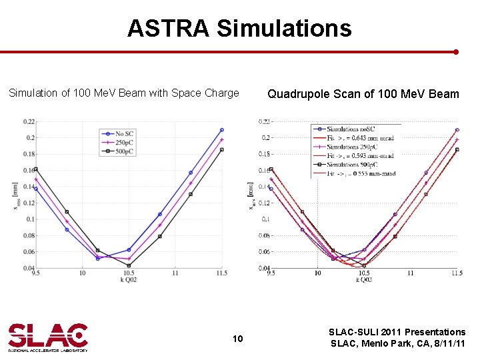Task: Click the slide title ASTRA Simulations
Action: click(x=239, y=28)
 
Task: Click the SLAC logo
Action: click(x=48, y=337)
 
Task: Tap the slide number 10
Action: click(x=238, y=339)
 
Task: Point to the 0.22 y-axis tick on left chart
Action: click(x=29, y=121)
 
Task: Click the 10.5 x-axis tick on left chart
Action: click(x=129, y=273)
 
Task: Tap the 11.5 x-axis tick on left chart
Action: click(x=222, y=273)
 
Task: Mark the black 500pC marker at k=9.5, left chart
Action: click(x=35, y=169)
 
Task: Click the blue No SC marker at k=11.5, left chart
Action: click(x=222, y=130)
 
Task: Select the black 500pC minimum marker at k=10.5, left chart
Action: click(x=129, y=265)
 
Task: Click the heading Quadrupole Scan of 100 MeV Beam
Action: click(x=363, y=94)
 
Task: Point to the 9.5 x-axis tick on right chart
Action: click(x=271, y=273)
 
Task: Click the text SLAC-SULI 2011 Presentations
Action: click(x=398, y=332)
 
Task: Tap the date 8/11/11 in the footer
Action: click(x=447, y=344)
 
